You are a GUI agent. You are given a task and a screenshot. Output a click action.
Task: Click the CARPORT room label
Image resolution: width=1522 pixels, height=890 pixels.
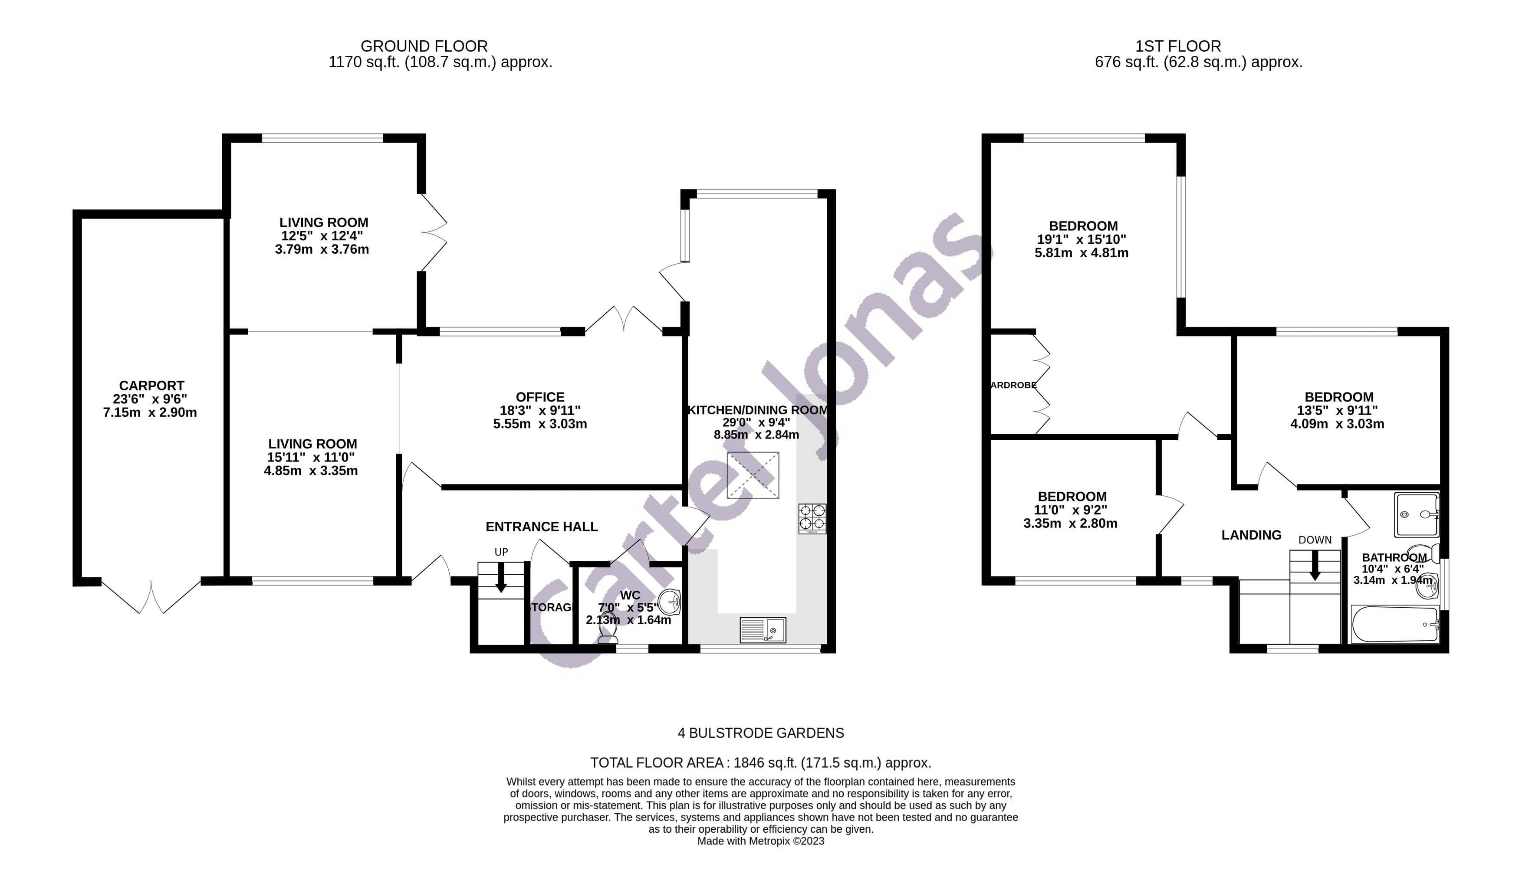tap(151, 385)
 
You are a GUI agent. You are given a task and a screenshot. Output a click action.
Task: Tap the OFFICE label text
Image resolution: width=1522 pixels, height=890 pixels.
tap(540, 397)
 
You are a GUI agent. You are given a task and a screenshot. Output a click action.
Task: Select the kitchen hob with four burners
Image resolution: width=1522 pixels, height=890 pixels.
tap(812, 519)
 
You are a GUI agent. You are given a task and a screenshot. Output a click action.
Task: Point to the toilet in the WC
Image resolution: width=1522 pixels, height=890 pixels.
tap(607, 632)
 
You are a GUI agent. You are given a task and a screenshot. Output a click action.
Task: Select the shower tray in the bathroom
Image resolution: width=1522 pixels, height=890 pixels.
tap(1416, 514)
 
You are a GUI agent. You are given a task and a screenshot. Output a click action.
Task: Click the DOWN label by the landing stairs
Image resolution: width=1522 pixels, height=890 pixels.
tap(1315, 540)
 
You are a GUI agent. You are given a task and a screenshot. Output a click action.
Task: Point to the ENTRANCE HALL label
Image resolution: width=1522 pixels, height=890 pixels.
tap(542, 527)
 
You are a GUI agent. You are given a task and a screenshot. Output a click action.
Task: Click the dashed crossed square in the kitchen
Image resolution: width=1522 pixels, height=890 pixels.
tap(753, 475)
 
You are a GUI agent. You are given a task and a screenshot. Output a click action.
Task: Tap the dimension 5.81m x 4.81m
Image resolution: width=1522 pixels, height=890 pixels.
tap(1081, 253)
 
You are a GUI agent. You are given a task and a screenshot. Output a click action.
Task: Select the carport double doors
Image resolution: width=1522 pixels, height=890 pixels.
tap(151, 596)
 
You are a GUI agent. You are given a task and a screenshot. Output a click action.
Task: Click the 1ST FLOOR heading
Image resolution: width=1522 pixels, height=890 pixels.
tap(1178, 46)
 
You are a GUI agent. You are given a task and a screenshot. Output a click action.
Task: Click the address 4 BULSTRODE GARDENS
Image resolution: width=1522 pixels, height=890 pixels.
tap(760, 733)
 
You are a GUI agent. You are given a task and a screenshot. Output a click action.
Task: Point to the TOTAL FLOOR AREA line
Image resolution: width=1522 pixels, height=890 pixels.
tap(760, 762)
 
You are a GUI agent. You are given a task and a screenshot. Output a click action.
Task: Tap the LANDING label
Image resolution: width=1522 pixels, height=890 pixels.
tap(1251, 535)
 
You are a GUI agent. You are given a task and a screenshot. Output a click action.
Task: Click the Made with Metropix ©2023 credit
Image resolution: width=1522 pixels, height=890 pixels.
tap(760, 841)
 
